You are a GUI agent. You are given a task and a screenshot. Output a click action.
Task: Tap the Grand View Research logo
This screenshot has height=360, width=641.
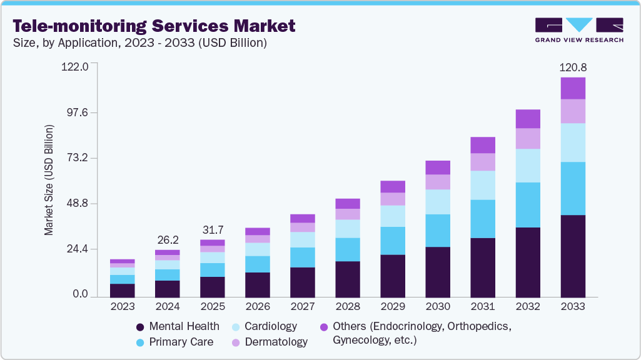578,29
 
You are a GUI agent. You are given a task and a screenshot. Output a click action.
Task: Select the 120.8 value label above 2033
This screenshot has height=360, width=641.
573,67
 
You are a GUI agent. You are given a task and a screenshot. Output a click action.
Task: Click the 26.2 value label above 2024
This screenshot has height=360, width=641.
168,239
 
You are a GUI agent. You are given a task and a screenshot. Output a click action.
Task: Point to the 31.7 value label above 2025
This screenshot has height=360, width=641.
213,229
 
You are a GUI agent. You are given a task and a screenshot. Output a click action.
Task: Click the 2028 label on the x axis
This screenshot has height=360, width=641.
348,307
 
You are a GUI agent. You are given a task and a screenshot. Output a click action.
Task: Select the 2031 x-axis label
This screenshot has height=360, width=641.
483,307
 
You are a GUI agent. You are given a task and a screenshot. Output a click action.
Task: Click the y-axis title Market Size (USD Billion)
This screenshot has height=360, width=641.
49,180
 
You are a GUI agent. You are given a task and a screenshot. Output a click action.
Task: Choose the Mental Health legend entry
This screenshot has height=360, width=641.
178,326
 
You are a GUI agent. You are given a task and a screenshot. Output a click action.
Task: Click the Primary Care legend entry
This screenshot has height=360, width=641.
175,342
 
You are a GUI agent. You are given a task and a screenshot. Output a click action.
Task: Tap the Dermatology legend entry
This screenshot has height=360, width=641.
270,342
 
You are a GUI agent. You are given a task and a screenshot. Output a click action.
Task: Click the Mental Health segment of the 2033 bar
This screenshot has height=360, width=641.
573,256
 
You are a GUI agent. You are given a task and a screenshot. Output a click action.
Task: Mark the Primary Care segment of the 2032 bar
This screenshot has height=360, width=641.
528,204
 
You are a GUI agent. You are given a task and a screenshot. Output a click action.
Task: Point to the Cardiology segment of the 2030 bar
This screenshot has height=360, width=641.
438,202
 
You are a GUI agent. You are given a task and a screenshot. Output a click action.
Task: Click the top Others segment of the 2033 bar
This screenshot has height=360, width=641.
573,88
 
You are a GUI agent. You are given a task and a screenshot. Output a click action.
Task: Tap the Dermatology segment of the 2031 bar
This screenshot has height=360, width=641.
483,162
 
